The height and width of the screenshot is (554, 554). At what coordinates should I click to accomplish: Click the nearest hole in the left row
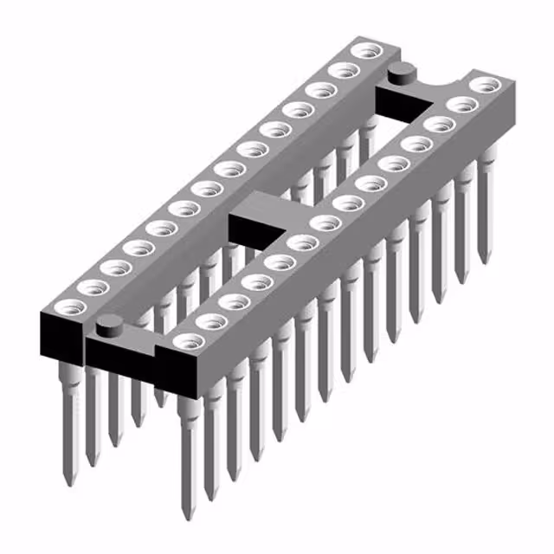(x=70, y=306)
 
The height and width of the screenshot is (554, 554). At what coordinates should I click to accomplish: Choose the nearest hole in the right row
(x=185, y=341)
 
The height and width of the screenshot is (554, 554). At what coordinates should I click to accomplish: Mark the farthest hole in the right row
(x=486, y=85)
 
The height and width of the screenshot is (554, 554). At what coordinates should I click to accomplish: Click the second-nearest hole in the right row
(x=209, y=321)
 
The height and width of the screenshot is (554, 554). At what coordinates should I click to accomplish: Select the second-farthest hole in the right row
(x=464, y=105)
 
